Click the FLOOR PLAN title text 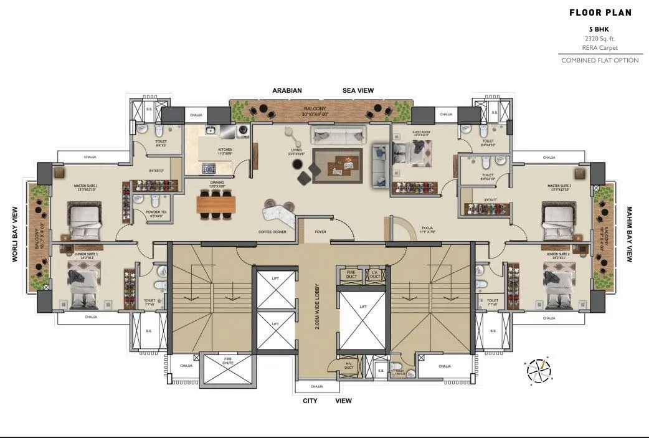(x=600, y=12)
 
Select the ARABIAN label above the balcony (x=287, y=90)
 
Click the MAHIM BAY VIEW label (x=630, y=234)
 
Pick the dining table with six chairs (x=216, y=204)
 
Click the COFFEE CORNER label (x=272, y=232)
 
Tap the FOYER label (x=320, y=232)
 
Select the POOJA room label (x=427, y=229)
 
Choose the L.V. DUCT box (x=375, y=274)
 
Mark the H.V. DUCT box (x=349, y=366)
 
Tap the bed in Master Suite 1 (x=84, y=222)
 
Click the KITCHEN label (x=225, y=150)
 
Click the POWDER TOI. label (x=156, y=212)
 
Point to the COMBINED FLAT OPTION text (x=600, y=60)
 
